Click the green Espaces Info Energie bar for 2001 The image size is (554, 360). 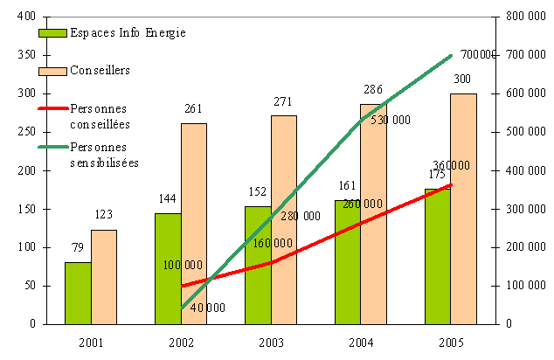coord(78,293)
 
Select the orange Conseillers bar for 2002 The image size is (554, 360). coord(194,223)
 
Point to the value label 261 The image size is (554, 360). coord(194,109)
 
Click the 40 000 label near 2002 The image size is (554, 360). coord(206,308)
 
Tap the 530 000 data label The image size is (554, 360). coord(390,121)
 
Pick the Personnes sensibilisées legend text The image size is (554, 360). coord(104,155)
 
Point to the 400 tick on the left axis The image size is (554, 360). coord(25,17)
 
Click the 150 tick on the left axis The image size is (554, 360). coord(25,209)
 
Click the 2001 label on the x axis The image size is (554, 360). coord(91,341)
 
